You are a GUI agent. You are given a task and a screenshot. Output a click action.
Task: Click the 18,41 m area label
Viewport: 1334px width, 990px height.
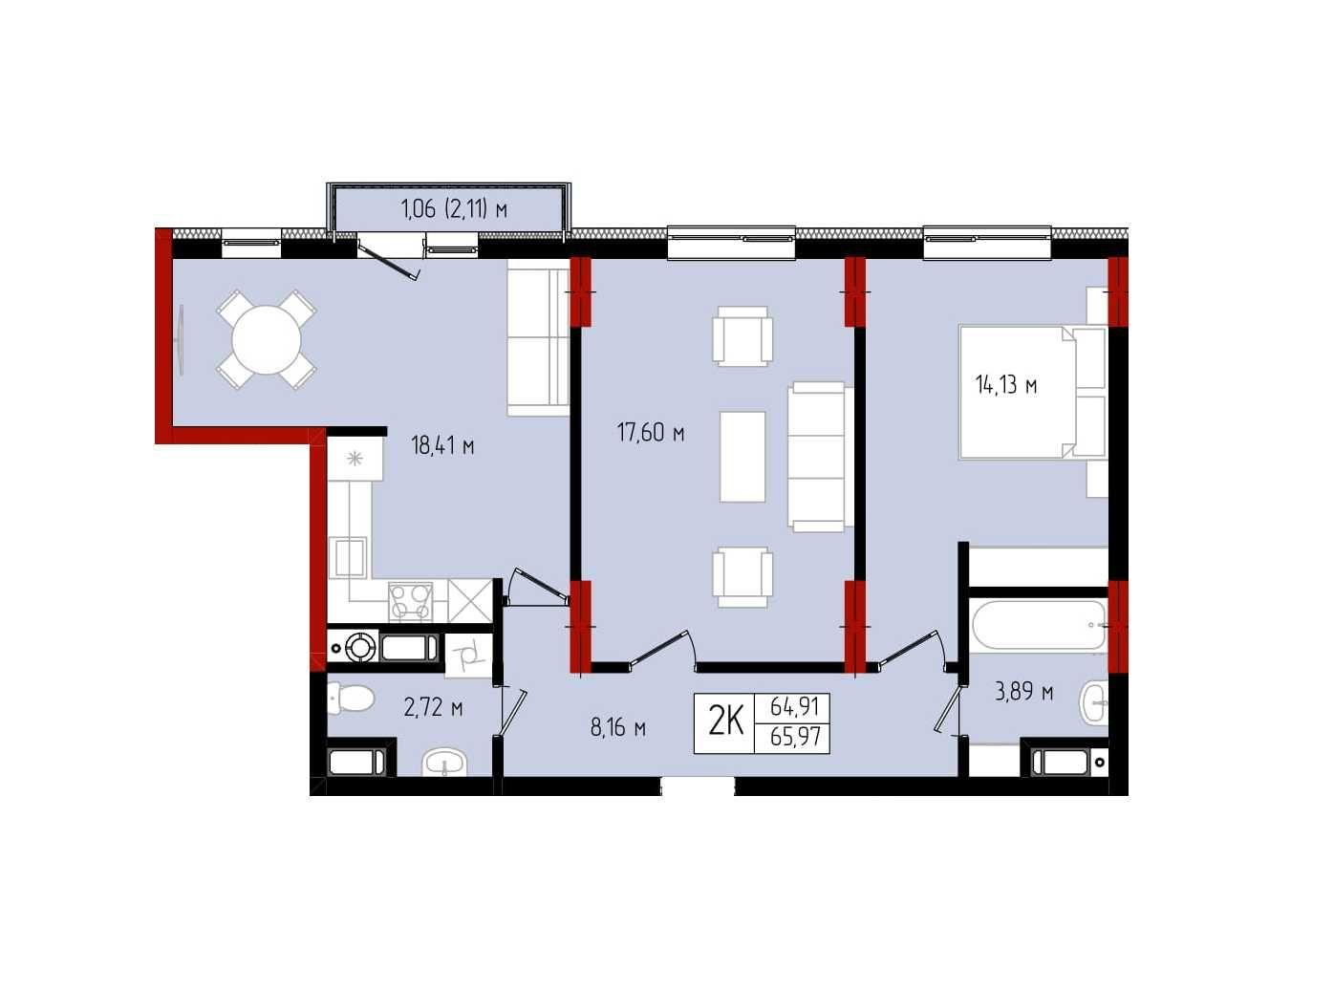click(442, 447)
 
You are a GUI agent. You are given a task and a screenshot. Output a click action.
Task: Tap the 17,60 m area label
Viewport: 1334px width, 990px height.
click(651, 433)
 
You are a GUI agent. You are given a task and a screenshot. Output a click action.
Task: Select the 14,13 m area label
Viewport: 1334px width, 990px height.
click(1006, 384)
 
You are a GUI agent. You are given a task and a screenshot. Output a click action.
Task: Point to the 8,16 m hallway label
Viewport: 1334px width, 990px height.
click(617, 728)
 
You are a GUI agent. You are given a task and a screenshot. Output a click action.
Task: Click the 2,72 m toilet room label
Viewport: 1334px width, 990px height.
click(433, 708)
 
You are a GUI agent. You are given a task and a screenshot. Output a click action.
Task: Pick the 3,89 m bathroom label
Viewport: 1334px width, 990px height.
click(1023, 692)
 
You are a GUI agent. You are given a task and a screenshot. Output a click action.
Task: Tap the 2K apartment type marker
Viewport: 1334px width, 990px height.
click(726, 722)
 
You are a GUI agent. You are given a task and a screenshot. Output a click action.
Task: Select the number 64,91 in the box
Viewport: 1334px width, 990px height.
click(795, 707)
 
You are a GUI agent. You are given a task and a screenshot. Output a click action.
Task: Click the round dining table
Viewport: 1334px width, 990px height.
click(267, 340)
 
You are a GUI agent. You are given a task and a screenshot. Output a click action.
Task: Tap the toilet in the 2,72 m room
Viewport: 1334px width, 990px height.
click(351, 699)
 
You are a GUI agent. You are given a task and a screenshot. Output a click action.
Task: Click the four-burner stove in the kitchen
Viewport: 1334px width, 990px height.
click(411, 601)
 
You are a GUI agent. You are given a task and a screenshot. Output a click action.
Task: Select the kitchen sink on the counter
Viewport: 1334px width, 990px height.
click(350, 558)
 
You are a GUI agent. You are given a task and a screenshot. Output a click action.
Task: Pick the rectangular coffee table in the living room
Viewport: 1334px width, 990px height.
click(742, 457)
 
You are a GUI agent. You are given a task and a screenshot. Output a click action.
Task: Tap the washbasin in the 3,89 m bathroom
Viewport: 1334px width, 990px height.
click(1094, 703)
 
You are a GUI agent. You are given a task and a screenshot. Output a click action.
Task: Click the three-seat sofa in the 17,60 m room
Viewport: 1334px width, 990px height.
click(820, 457)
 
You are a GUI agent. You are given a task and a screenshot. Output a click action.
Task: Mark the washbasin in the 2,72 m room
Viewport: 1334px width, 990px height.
click(444, 764)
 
